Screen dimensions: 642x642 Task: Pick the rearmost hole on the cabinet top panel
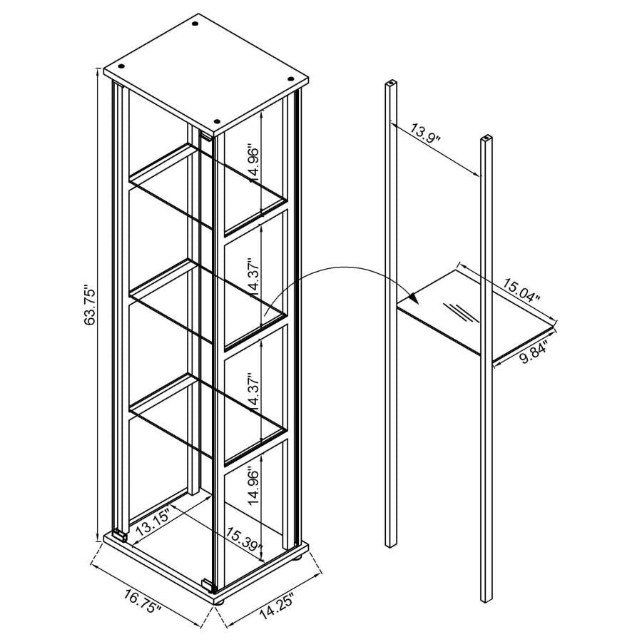pos(195,26)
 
